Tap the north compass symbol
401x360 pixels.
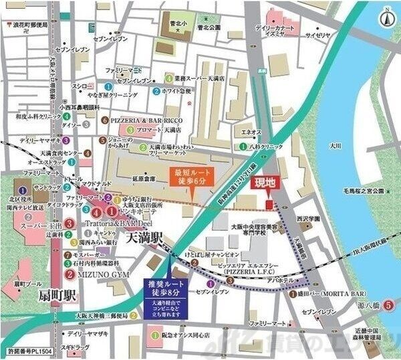point(387,17)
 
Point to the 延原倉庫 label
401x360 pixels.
point(144,179)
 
